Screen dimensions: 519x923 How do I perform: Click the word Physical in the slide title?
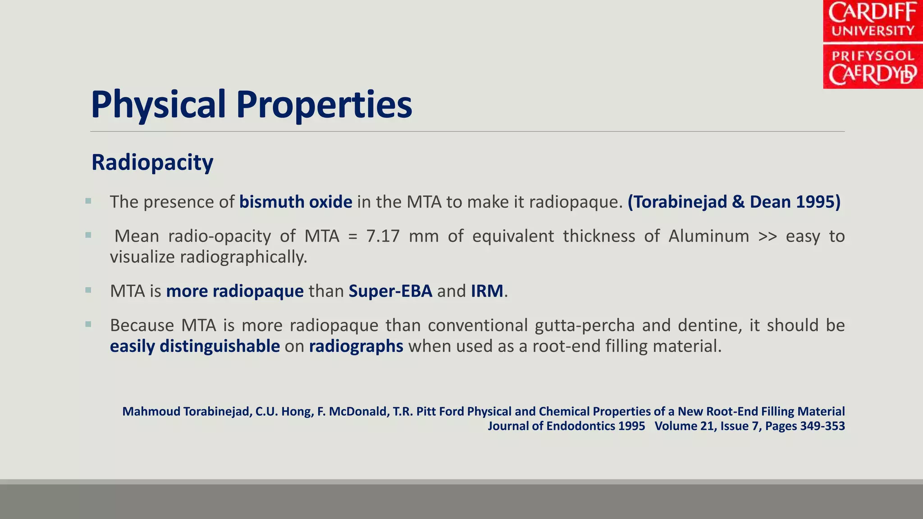pos(158,105)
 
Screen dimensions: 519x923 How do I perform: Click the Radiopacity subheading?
pos(152,162)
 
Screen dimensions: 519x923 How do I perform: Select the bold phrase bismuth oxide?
pos(296,202)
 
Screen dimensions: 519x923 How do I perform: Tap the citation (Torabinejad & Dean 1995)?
pos(734,202)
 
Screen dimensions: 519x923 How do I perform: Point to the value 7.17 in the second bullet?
pos(383,236)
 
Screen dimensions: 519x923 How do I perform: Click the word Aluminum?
pos(708,236)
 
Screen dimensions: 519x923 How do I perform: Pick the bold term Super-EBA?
pos(390,291)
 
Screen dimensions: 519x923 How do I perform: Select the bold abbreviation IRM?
pos(487,291)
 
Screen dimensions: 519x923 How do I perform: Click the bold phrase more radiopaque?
pos(235,291)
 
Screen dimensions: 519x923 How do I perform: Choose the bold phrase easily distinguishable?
pos(195,346)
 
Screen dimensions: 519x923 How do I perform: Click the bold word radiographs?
pos(356,346)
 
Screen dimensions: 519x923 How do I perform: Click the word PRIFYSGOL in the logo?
pos(873,56)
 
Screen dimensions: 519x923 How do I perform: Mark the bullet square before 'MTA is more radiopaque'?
pos(88,290)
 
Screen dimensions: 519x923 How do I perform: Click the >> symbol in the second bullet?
pos(768,236)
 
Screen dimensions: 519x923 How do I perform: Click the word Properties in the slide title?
pos(324,105)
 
